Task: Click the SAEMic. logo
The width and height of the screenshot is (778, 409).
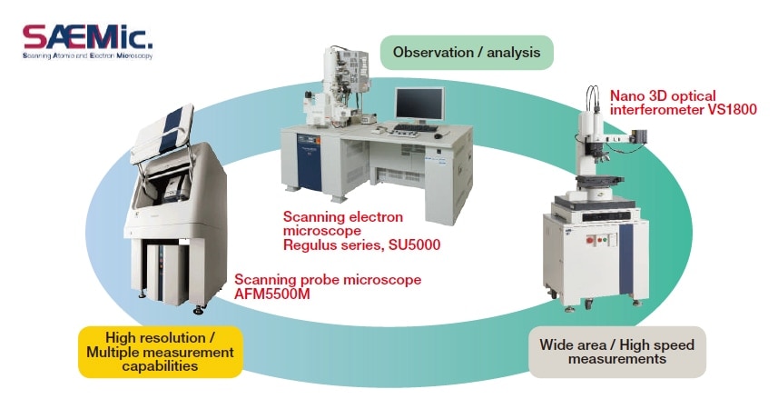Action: [87, 42]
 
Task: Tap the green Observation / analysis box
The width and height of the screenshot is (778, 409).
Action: [467, 52]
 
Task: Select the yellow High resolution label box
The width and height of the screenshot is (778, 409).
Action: [161, 352]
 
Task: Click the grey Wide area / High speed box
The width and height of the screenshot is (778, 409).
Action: [616, 352]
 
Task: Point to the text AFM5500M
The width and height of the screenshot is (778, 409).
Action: [272, 294]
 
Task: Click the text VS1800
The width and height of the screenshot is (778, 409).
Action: [732, 109]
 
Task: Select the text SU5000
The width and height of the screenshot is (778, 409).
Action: [414, 245]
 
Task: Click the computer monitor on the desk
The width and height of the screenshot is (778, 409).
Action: [419, 105]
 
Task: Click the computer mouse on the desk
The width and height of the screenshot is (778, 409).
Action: [438, 135]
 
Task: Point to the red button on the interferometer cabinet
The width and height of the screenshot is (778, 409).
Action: [590, 240]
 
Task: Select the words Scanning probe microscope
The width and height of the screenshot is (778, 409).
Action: [328, 280]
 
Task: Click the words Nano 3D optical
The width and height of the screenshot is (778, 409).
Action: [663, 96]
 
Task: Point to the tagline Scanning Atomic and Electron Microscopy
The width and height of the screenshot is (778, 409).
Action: [87, 56]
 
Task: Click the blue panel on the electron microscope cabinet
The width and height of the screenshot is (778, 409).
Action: [308, 163]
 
